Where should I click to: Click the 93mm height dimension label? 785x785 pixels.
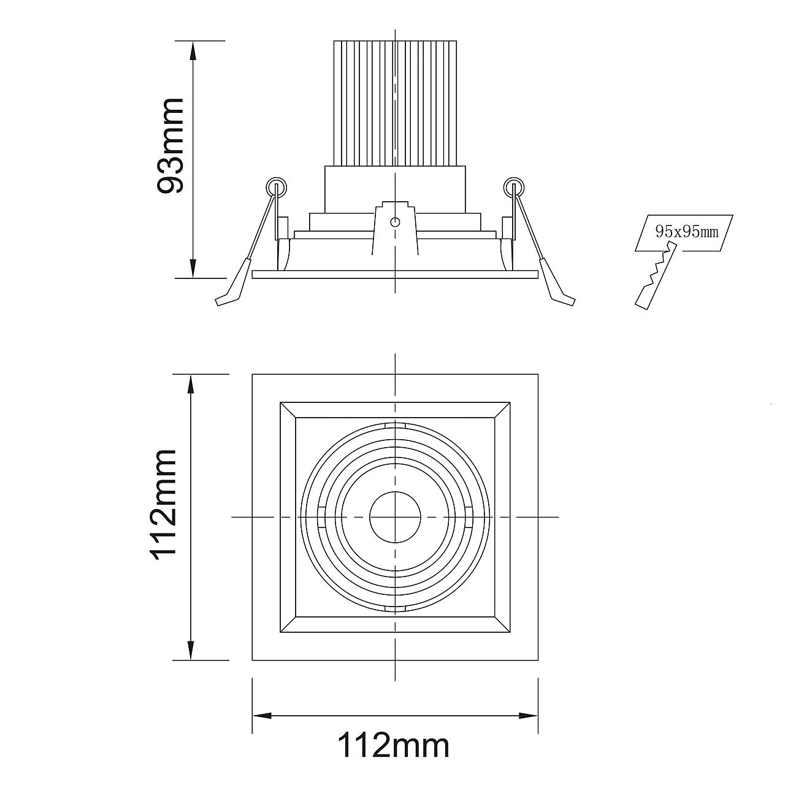click(x=170, y=145)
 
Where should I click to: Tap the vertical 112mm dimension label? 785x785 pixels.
click(x=164, y=505)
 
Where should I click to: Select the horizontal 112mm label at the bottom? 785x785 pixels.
click(x=393, y=757)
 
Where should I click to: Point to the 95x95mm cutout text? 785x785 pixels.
click(x=686, y=232)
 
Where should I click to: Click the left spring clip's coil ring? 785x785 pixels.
click(x=276, y=188)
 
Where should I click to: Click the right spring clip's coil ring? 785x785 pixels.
click(x=514, y=188)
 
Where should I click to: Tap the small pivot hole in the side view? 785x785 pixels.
click(x=395, y=222)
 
